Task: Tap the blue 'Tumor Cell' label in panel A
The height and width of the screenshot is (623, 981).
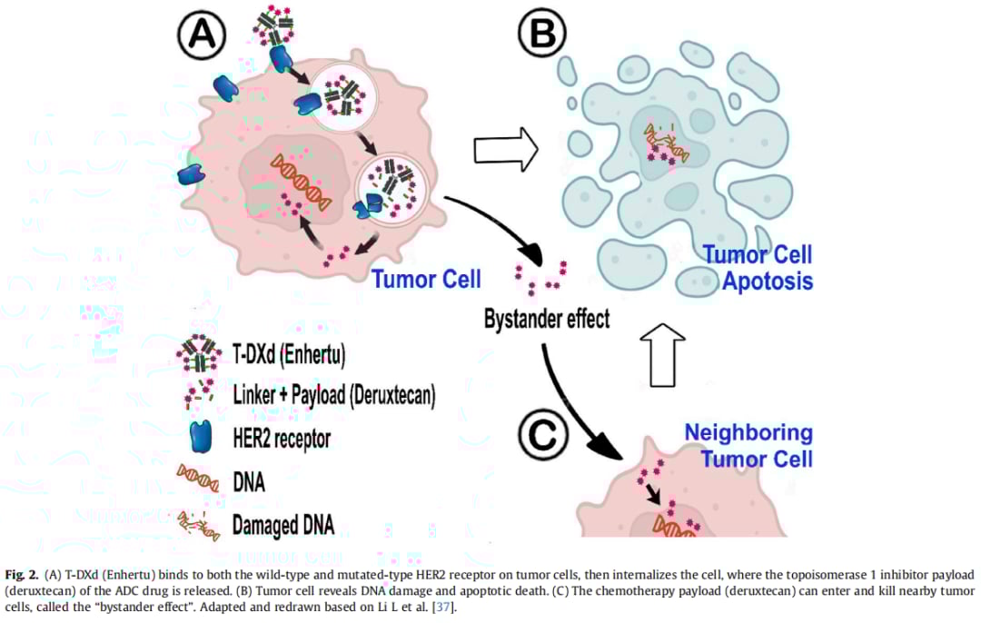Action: [426, 277]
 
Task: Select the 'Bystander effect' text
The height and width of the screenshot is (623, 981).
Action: [547, 319]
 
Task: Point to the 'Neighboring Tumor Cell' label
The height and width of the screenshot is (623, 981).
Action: [748, 444]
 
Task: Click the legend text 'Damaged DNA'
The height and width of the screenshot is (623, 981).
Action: [283, 524]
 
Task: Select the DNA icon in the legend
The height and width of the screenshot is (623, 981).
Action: [198, 480]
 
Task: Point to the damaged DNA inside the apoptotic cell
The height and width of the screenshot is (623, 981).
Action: [666, 145]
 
